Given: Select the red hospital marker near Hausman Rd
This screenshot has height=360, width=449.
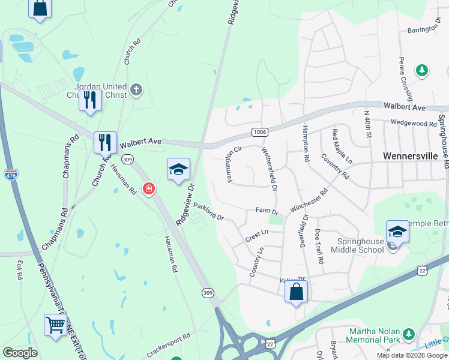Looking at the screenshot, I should (148, 190).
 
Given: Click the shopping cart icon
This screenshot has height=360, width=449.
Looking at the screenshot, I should (55, 325).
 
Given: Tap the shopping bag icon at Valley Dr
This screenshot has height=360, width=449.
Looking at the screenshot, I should (296, 292).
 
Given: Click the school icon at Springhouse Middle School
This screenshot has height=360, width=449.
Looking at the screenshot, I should (397, 231).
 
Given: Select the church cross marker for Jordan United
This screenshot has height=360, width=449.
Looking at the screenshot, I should (136, 91).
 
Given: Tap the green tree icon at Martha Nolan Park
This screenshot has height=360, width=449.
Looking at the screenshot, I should (409, 333).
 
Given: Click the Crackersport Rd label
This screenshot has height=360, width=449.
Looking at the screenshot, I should (169, 344).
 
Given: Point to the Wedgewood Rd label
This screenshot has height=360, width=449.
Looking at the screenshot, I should (414, 124).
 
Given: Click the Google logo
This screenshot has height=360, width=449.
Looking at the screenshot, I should (20, 353).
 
